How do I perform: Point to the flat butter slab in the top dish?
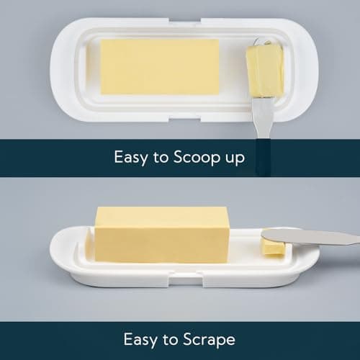pos(159,66)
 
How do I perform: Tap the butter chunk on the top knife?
pos(264,71)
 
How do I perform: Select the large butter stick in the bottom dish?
pos(162,234)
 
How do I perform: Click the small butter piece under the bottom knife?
pos(272,247)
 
